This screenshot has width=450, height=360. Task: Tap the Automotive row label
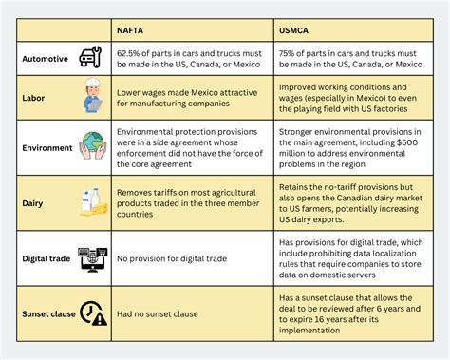click(x=46, y=59)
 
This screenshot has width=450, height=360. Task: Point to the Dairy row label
click(x=33, y=200)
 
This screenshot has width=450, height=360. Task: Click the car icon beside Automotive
click(x=91, y=58)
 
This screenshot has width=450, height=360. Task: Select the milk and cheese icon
click(x=91, y=200)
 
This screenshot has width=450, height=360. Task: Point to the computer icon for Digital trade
click(x=92, y=256)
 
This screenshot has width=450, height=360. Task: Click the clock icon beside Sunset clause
click(x=92, y=311)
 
